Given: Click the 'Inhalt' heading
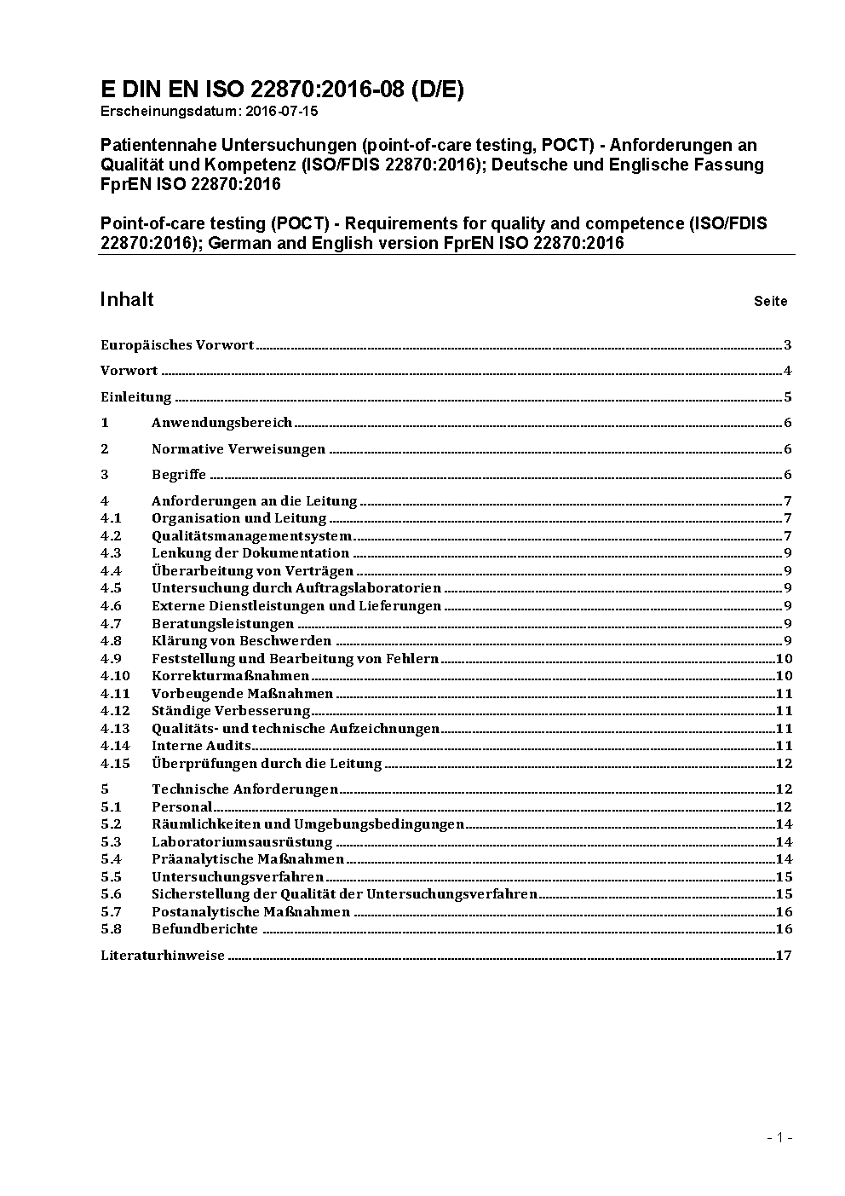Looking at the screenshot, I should [x=127, y=299].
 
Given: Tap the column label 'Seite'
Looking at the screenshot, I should [x=770, y=301].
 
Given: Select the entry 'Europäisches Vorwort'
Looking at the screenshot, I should [x=177, y=345].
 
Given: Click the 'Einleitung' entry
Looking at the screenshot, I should [x=136, y=397].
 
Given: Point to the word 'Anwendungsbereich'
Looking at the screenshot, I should [x=221, y=423].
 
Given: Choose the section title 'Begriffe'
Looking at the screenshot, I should [x=179, y=475].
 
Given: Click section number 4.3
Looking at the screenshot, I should [x=111, y=553].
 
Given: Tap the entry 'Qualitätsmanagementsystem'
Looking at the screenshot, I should [x=251, y=536].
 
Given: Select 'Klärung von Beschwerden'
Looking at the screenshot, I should [x=241, y=641].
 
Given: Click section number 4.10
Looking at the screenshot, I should [x=115, y=676].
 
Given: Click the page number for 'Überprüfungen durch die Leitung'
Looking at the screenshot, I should [x=784, y=764].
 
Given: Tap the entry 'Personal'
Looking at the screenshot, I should [x=181, y=807].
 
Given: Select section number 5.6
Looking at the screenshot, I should [x=111, y=894].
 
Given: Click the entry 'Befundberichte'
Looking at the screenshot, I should [x=204, y=929].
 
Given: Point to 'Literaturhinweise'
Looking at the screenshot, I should [x=163, y=956].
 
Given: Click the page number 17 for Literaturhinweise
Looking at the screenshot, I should [x=784, y=956].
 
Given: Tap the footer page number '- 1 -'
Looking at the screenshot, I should [x=779, y=1137].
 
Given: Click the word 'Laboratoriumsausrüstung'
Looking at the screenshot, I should [x=242, y=842].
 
